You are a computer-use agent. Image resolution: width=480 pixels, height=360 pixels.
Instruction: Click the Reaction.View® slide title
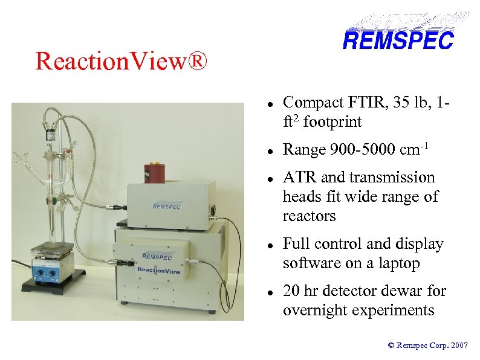121,61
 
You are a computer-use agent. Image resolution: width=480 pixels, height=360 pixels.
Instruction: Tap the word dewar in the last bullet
392,291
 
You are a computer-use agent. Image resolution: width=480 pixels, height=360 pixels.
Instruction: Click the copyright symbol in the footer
391,346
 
